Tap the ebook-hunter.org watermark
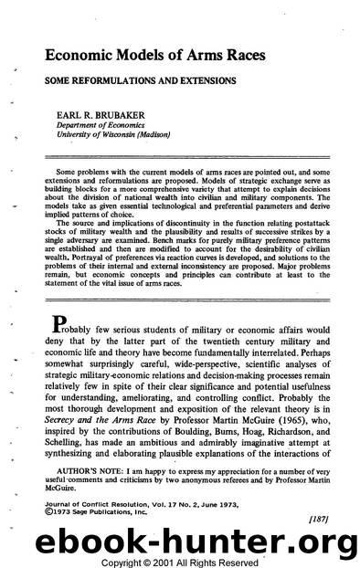coord(179,542)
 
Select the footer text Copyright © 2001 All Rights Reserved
coord(180,560)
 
